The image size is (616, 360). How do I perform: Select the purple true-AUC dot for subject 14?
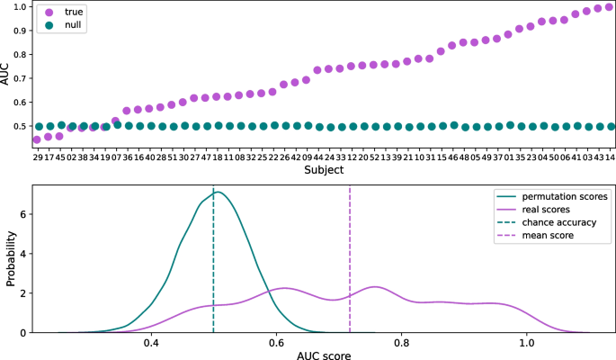[x=610, y=7]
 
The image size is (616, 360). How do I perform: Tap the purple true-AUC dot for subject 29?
[x=37, y=139]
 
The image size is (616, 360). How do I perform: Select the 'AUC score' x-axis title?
[x=323, y=354]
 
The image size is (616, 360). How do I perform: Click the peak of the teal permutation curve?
[x=217, y=192]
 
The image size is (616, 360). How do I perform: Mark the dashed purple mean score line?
[x=349, y=261]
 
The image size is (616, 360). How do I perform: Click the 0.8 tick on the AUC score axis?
[x=402, y=343]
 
